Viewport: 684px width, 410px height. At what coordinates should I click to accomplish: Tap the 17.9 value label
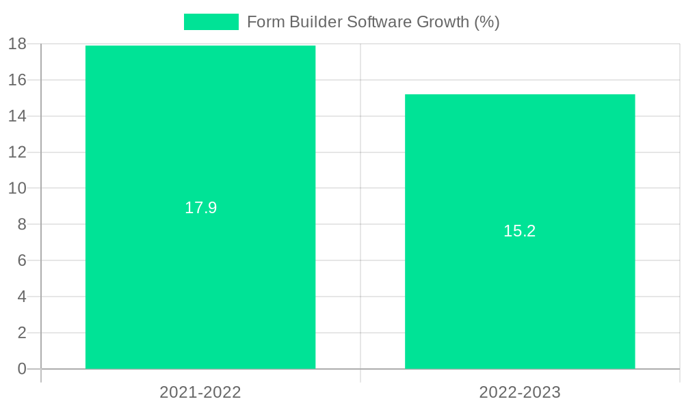click(x=200, y=208)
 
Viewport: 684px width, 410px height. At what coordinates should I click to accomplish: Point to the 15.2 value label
click(x=520, y=231)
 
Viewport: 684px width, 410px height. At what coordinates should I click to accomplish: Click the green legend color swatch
click(x=211, y=22)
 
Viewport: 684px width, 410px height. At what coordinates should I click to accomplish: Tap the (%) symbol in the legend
click(x=487, y=22)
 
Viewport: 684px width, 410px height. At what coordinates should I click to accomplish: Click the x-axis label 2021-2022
click(x=200, y=392)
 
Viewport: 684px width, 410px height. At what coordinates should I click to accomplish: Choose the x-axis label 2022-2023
click(x=520, y=392)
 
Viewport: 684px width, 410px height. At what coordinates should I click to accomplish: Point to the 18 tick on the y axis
click(x=17, y=44)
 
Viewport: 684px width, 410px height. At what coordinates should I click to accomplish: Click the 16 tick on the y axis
click(x=17, y=80)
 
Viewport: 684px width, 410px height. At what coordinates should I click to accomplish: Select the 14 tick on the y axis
click(x=17, y=116)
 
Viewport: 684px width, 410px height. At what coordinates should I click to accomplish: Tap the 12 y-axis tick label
click(x=17, y=152)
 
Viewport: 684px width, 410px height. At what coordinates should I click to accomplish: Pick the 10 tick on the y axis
click(x=17, y=188)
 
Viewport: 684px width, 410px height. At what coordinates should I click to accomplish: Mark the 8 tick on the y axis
click(x=21, y=224)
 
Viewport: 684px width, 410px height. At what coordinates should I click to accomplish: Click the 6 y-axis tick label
click(x=21, y=260)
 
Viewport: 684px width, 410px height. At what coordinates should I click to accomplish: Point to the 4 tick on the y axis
click(x=21, y=297)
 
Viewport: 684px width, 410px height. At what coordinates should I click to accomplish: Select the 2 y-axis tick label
click(x=21, y=333)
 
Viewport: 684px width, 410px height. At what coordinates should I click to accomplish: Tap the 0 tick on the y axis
click(x=21, y=369)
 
